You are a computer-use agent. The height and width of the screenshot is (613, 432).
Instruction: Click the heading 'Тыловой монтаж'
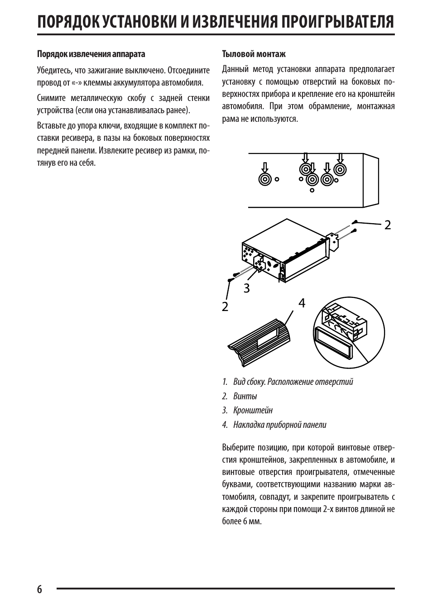click(x=254, y=54)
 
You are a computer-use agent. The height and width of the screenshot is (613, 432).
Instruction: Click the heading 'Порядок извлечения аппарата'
click(x=91, y=54)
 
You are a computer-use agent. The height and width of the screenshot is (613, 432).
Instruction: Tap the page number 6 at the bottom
click(x=39, y=589)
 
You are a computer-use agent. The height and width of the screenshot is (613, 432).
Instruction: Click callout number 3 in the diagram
click(x=246, y=288)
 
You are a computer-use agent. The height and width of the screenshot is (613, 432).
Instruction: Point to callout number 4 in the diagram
click(x=302, y=303)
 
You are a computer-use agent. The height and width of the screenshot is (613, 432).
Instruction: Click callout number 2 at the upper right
click(x=388, y=225)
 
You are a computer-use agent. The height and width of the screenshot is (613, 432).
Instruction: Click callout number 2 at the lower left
click(x=225, y=306)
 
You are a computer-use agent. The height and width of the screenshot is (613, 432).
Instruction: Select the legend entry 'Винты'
click(x=245, y=396)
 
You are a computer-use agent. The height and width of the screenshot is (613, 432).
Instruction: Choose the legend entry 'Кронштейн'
click(x=253, y=410)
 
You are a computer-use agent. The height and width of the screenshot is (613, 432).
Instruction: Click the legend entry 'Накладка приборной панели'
click(x=279, y=425)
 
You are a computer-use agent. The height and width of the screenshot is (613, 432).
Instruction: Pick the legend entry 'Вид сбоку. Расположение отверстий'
click(x=293, y=382)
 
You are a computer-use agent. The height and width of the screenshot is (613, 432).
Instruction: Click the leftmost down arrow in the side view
click(x=265, y=166)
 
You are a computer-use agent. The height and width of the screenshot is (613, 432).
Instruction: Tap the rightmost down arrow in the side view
click(x=341, y=158)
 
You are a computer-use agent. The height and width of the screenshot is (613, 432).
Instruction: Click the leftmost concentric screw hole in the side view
click(x=265, y=179)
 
